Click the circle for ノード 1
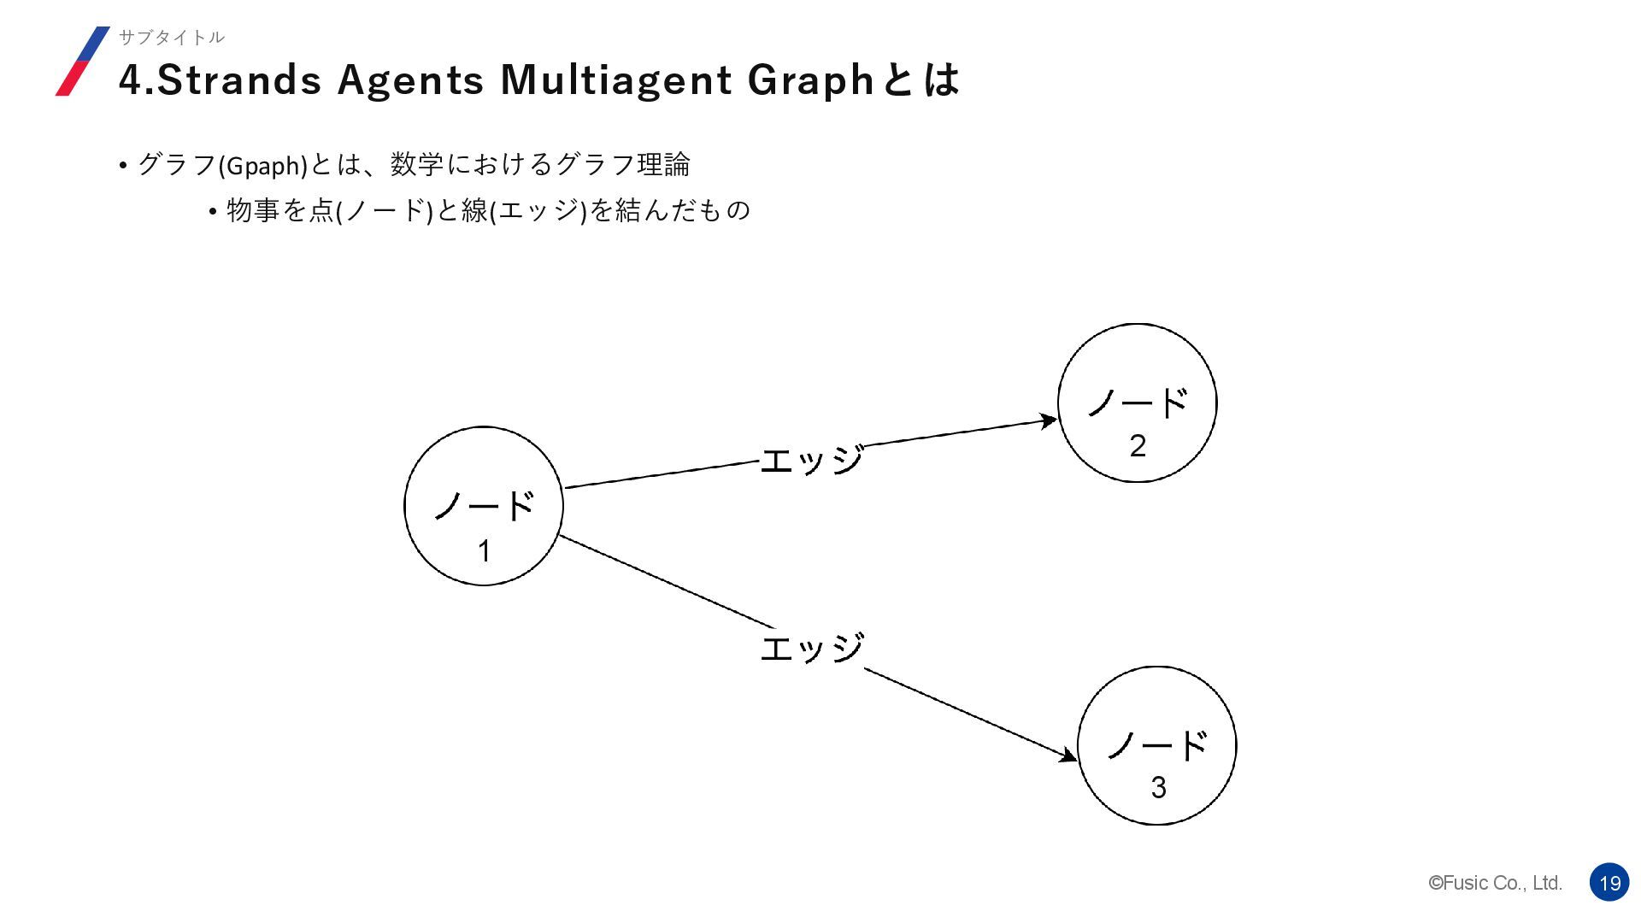pos(484,506)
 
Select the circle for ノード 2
pos(1137,403)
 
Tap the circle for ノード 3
pos(1156,745)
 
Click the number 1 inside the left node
pos(484,551)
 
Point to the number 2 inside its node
pos(1138,446)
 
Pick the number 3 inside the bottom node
pos(1158,788)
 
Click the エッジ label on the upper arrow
pos(811,461)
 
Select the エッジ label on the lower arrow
pos(811,648)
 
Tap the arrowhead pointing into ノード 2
pos(1048,420)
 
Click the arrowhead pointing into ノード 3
pos(1068,755)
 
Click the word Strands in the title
pos(239,80)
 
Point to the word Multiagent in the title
pos(616,80)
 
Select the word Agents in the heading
pos(410,80)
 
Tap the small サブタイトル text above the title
pos(171,37)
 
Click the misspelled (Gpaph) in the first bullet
pos(263,165)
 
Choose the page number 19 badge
pos(1609,883)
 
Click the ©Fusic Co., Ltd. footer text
pos(1495,883)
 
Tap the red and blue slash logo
pos(83,61)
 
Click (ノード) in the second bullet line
pos(385,210)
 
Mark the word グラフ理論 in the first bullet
pos(622,164)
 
